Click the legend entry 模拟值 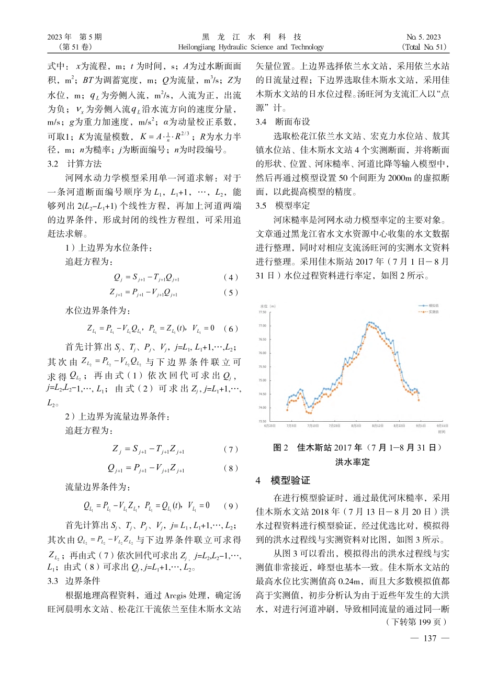tap(432, 305)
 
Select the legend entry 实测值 tap(432, 311)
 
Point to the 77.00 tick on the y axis tap(262, 325)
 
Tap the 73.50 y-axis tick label tap(262, 421)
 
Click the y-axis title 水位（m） tap(268, 306)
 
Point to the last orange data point tap(419, 400)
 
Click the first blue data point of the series tap(287, 404)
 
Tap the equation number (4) tap(230, 277)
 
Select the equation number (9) tap(230, 506)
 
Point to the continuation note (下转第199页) tap(416, 622)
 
